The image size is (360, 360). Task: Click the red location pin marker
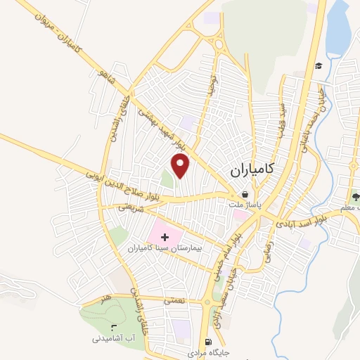coord(181,165)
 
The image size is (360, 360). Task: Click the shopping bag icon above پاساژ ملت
coord(244,195)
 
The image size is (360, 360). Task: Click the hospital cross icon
coord(165,238)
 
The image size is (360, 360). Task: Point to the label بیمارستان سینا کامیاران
coord(165,249)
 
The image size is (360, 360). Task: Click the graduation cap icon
coord(319,66)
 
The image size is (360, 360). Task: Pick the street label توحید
coord(210,84)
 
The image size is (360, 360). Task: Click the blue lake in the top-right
coord(339,28)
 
